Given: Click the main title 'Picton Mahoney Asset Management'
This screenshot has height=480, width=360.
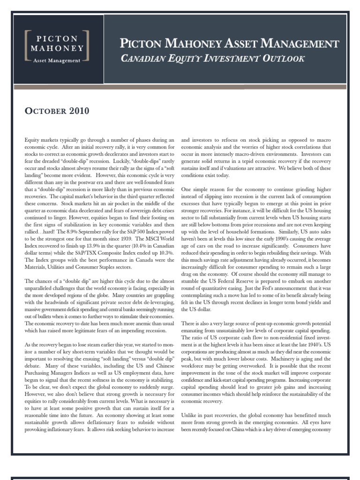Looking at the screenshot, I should click(230, 44).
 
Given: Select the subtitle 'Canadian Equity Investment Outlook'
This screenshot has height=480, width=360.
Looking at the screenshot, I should click(213, 59).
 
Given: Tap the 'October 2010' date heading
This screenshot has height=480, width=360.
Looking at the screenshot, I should click(56, 112).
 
